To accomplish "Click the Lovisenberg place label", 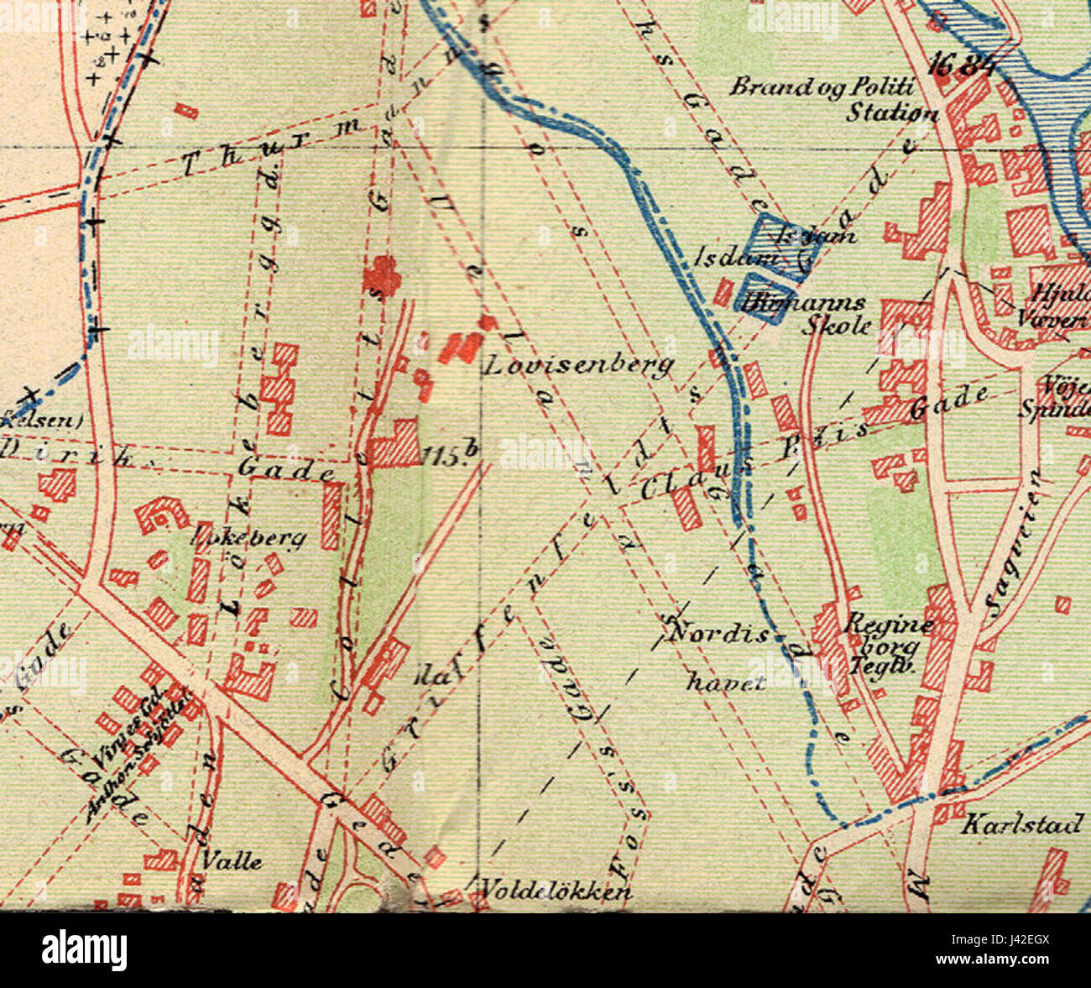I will [x=580, y=365].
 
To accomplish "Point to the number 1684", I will [x=962, y=65].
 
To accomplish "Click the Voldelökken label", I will [x=556, y=890].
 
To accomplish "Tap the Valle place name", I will [x=232, y=861].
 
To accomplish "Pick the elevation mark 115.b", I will [x=451, y=456].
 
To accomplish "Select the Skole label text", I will [x=837, y=326].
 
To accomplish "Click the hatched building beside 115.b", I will [x=394, y=443].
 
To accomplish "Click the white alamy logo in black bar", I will [x=85, y=950].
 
